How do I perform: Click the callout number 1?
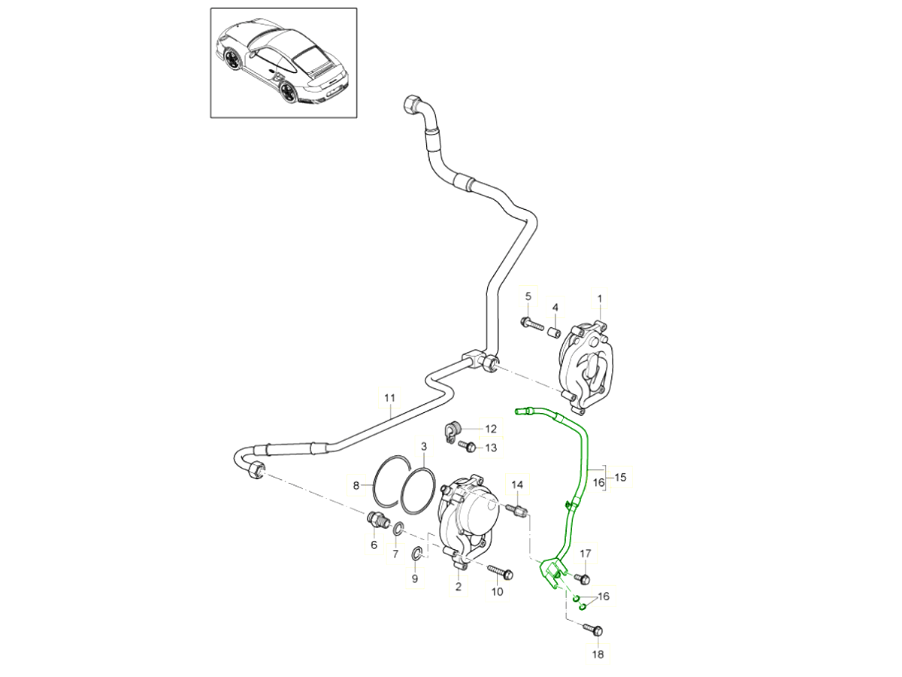[x=600, y=299]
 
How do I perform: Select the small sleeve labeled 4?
[x=555, y=332]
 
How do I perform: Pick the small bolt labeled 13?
[x=466, y=447]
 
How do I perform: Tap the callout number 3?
[x=424, y=447]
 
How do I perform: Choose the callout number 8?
[x=357, y=486]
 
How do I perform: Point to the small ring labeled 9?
[x=416, y=555]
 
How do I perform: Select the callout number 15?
[x=621, y=476]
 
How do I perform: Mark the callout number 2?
[x=458, y=587]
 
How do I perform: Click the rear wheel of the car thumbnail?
[x=288, y=92]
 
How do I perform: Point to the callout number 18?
[x=598, y=654]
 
